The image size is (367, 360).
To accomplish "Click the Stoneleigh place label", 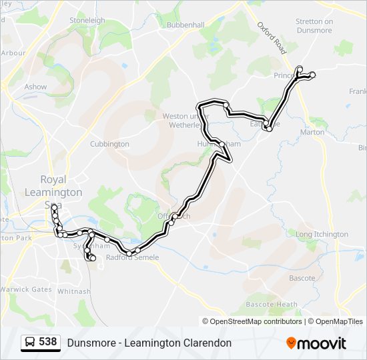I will pyautogui.click(x=87, y=21).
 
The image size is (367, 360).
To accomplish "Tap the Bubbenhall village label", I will pyautogui.click(x=186, y=25).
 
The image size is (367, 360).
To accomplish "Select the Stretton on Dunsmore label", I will pyautogui.click(x=314, y=25).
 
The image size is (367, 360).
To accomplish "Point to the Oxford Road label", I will pyautogui.click(x=271, y=37).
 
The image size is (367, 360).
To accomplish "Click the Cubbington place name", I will pyautogui.click(x=109, y=144).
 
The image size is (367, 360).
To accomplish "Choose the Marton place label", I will pyautogui.click(x=312, y=132).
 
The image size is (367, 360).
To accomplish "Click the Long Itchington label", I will pyautogui.click(x=322, y=235).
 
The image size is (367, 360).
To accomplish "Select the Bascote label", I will pyautogui.click(x=302, y=278).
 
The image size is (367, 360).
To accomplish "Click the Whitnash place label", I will pyautogui.click(x=73, y=291).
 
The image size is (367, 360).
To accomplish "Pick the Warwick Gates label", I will pyautogui.click(x=27, y=289).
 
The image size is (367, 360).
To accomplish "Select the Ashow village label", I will pyautogui.click(x=35, y=87).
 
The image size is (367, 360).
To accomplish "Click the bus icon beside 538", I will pyautogui.click(x=30, y=342).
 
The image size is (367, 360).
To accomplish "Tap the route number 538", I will pyautogui.click(x=48, y=342).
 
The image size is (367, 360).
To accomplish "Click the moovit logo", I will pyautogui.click(x=316, y=343).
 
